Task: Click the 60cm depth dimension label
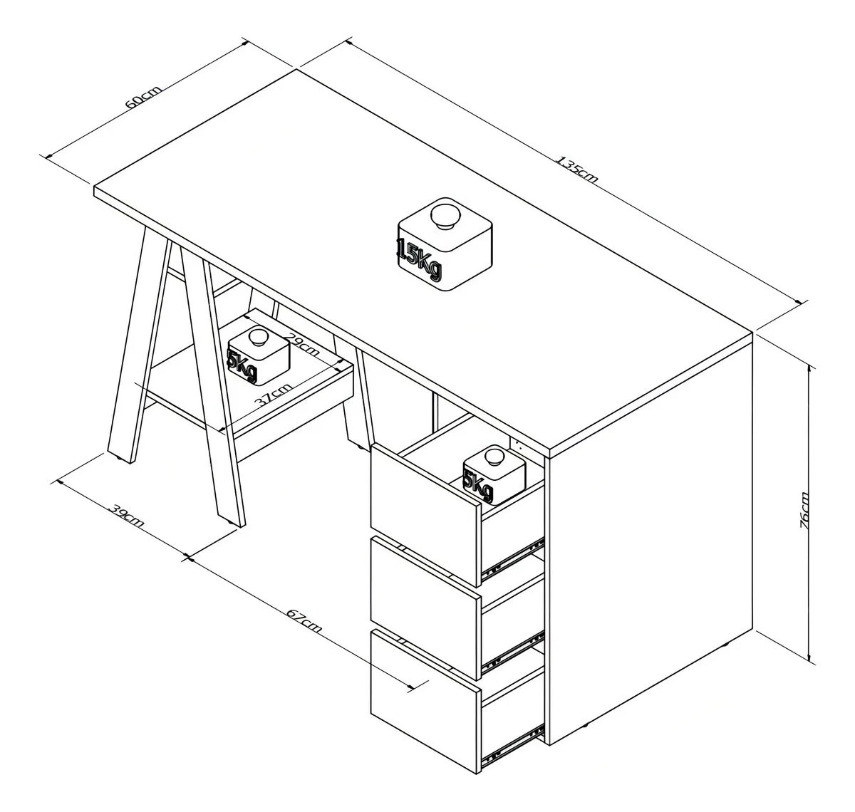tap(143, 98)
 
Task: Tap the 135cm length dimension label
tap(578, 169)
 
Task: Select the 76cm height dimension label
tap(804, 510)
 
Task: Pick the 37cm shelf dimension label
tap(273, 395)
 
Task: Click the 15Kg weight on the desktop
tap(445, 244)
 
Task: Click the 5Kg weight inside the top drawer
tap(494, 475)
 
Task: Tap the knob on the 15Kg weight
tap(445, 216)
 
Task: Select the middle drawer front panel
tap(425, 607)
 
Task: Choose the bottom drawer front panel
tap(425, 701)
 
